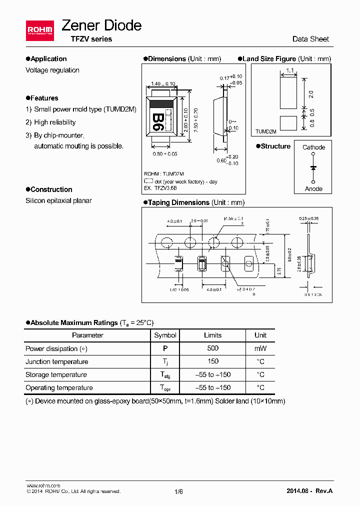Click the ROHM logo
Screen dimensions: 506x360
[39, 31]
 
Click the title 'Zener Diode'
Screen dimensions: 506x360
[101, 25]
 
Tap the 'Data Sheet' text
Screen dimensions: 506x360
[310, 39]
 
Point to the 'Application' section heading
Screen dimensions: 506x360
[48, 59]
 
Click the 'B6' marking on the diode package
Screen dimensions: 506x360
[157, 121]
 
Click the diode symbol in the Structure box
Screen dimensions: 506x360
[313, 168]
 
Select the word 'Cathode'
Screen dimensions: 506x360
[313, 147]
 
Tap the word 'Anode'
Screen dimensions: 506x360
[313, 189]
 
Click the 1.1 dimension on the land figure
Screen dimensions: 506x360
[289, 71]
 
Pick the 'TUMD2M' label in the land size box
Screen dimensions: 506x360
[266, 131]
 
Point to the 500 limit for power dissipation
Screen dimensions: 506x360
[212, 348]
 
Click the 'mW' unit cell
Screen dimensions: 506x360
[260, 348]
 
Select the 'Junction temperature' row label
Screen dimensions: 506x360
[56, 361]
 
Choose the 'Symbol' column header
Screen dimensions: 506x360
[165, 335]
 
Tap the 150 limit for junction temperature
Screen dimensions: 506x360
[212, 361]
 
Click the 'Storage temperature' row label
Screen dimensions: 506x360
[56, 374]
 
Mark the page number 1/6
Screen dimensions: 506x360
[179, 491]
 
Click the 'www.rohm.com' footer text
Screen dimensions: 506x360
[43, 485]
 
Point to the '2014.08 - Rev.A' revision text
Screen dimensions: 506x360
[309, 491]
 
